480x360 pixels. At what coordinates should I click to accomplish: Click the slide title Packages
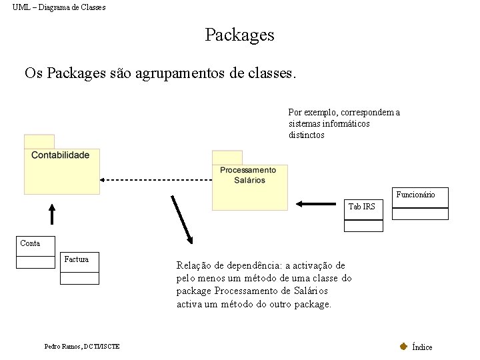tap(239, 35)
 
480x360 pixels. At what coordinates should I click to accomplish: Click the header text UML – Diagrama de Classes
tap(59, 7)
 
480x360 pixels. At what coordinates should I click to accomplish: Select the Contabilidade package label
tap(60, 155)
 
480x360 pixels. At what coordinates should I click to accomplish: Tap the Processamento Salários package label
tap(248, 175)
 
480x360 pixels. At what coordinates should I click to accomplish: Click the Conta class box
tap(35, 253)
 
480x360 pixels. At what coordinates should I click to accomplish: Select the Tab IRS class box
tap(363, 215)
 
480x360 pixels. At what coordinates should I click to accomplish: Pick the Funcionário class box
tap(419, 203)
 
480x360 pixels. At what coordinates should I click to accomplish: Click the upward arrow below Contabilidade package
tap(52, 214)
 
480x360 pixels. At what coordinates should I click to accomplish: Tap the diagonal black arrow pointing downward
tap(181, 219)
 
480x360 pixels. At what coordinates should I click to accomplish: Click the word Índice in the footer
tap(422, 347)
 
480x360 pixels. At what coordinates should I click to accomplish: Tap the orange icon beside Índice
tap(403, 346)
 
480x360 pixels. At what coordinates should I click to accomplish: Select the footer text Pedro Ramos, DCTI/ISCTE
tap(82, 346)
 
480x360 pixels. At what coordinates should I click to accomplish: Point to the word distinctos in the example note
tap(307, 135)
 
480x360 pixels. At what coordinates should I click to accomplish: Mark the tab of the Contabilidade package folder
tap(39, 141)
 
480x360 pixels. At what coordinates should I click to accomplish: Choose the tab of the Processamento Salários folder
tap(227, 157)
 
